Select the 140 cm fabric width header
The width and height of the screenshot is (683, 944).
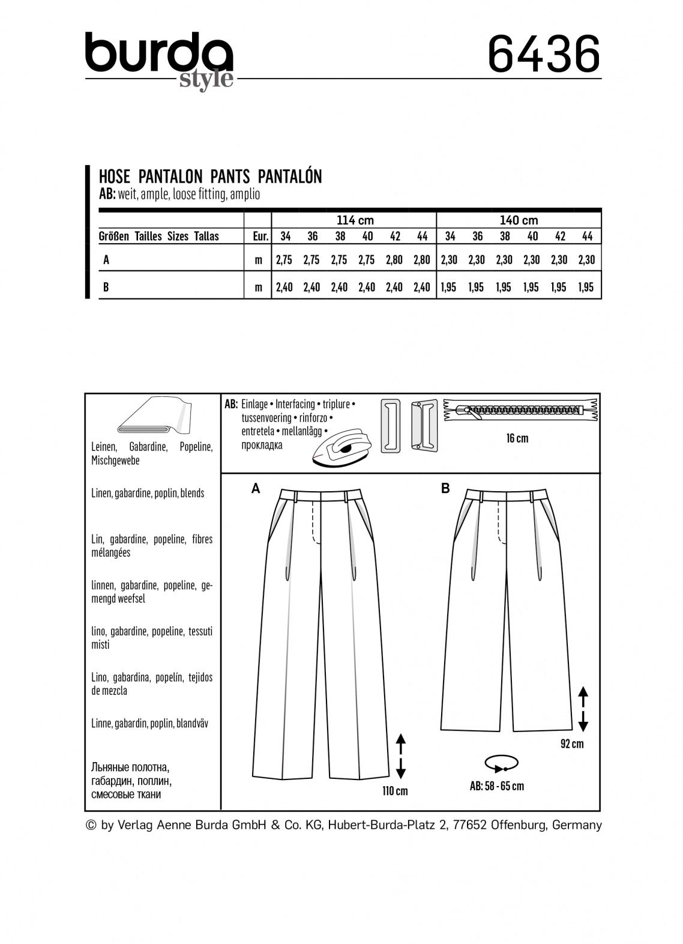(x=519, y=220)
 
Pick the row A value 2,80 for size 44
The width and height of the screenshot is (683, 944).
(x=422, y=260)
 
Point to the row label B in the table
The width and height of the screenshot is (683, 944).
(x=106, y=287)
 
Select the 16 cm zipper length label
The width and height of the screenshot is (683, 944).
(x=517, y=438)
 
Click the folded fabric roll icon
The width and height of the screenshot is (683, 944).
(x=152, y=415)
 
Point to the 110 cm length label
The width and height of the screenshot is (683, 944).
(x=395, y=791)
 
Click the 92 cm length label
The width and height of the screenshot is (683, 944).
(x=571, y=744)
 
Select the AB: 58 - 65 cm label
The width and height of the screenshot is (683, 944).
(x=497, y=786)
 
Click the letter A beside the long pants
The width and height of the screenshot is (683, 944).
(x=256, y=489)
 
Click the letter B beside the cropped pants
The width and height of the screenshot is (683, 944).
(x=445, y=489)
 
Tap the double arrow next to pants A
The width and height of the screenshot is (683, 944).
(x=401, y=755)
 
